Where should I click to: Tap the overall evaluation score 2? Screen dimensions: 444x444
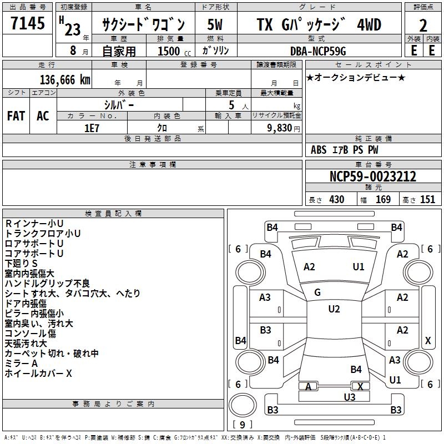tap(423, 26)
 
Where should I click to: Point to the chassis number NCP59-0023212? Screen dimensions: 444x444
tap(373, 176)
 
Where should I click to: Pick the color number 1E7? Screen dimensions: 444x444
tap(92, 127)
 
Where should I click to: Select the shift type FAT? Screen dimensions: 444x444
tap(16, 116)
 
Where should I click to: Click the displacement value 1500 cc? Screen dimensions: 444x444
tap(169, 51)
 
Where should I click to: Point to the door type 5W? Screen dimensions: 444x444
tap(215, 25)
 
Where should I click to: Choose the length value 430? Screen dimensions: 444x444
tap(337, 200)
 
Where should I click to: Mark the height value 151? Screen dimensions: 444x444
tap(427, 200)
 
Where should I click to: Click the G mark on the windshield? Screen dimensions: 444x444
tap(317, 292)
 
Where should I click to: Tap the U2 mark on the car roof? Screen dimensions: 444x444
tap(334, 309)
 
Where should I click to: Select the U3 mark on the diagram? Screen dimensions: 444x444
tap(350, 397)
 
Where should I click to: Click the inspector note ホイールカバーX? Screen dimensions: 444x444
tap(38, 374)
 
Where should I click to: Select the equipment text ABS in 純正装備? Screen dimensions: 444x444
tap(319, 150)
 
